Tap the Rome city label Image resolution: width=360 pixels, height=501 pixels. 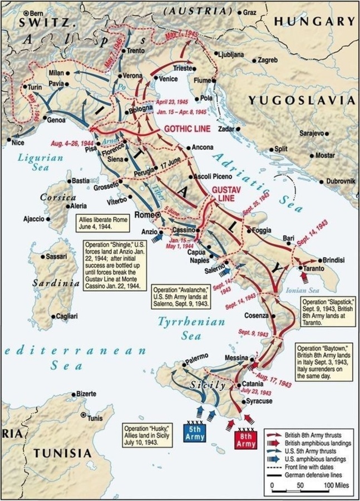(x=144, y=214)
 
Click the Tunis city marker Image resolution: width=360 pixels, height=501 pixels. (x=83, y=415)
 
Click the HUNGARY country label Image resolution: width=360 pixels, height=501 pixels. (x=314, y=21)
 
